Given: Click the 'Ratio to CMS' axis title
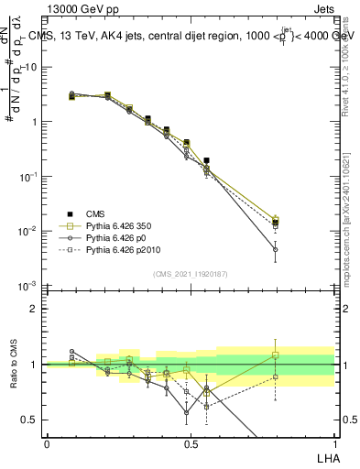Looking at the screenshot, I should [15, 365].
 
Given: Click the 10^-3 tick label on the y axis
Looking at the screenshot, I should [28, 286].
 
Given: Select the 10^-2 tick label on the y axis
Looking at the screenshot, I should [28, 231].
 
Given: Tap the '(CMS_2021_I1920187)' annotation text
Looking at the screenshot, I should [191, 274].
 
